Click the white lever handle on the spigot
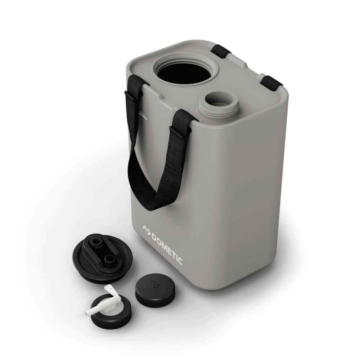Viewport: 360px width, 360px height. [111, 290]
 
